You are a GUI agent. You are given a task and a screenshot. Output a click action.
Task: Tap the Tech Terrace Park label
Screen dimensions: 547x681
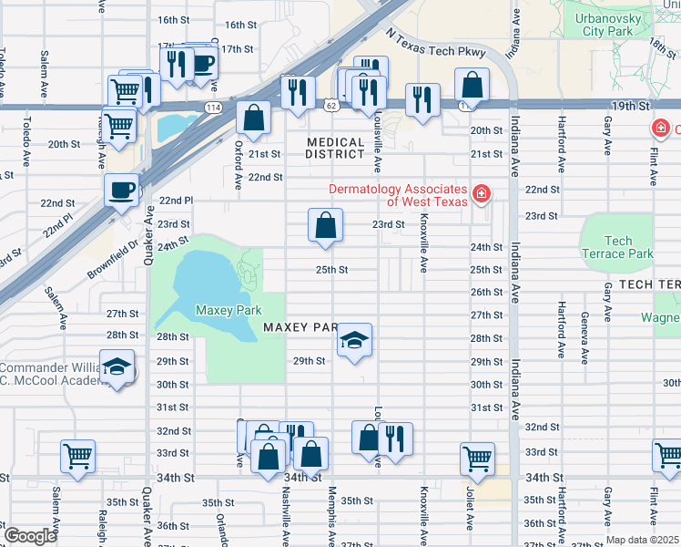(617, 247)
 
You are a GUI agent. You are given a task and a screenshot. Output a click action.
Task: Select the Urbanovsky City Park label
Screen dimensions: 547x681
(607, 24)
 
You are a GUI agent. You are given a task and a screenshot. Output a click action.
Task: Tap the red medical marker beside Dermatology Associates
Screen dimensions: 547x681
(481, 194)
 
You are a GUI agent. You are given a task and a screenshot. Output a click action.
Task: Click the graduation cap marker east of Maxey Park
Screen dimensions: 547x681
(353, 342)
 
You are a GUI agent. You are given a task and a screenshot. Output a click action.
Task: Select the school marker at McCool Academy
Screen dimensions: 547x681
(117, 367)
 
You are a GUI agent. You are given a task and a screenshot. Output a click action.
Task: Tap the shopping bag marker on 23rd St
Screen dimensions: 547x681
(325, 225)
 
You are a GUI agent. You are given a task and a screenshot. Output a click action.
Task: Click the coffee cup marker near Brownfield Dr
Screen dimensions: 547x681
(121, 191)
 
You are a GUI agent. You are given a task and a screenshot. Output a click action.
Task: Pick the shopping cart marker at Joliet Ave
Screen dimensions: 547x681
(477, 459)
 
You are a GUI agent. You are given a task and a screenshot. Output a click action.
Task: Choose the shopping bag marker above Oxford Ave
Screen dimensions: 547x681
(254, 118)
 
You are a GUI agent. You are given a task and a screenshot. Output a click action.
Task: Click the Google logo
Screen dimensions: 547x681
(29, 536)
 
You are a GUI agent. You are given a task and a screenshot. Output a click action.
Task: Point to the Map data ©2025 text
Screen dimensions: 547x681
(642, 540)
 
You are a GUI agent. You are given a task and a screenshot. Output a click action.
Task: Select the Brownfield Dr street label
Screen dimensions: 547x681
(113, 259)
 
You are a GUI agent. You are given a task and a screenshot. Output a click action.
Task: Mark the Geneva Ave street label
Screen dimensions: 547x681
(584, 334)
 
